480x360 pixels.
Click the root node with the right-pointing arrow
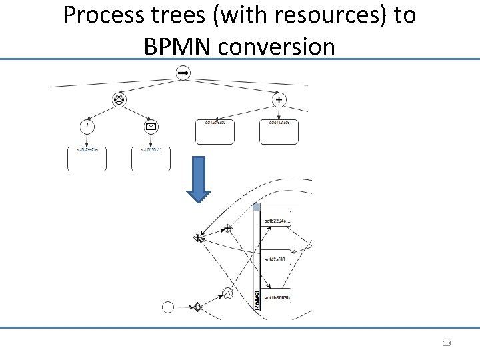pos(181,73)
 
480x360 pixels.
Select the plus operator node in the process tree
pos(279,100)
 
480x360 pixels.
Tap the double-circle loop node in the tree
pos(119,100)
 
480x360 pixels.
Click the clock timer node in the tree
pos(87,126)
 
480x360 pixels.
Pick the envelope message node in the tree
pos(151,126)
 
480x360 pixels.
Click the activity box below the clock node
pos(87,159)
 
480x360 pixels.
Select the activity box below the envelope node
pos(151,159)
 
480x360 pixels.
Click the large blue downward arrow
pos(198,179)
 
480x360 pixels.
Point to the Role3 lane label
pos(257,294)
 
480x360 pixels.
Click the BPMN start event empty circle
pos(168,307)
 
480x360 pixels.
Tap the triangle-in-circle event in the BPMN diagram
pos(227,293)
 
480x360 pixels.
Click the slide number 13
pos(447,343)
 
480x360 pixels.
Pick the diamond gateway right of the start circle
pos(197,307)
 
